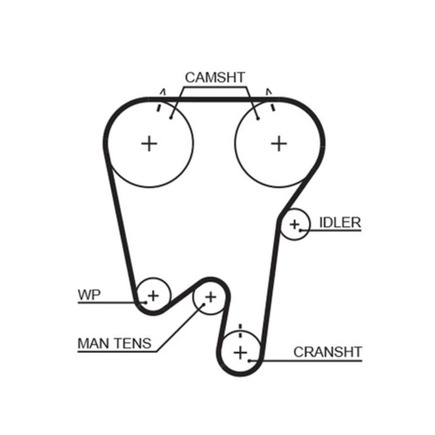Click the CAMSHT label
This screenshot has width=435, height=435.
(x=215, y=77)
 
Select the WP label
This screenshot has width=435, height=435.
(x=89, y=294)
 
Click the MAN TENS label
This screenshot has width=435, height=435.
(x=114, y=343)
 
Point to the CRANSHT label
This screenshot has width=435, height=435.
(x=328, y=351)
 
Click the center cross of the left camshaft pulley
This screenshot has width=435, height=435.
(x=149, y=143)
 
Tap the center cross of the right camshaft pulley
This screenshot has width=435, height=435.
(x=279, y=143)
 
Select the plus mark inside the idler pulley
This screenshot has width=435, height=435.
(x=294, y=224)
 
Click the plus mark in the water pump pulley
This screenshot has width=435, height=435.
(x=153, y=296)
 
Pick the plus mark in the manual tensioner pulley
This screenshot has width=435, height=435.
(x=211, y=297)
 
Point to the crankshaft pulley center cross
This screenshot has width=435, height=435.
(x=240, y=352)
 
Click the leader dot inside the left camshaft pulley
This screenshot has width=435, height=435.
(x=171, y=117)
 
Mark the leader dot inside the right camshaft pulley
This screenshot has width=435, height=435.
(x=258, y=117)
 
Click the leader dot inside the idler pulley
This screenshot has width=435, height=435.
(x=300, y=230)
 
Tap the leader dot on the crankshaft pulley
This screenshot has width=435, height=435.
(x=249, y=360)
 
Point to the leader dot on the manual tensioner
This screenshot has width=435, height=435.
(x=203, y=305)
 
